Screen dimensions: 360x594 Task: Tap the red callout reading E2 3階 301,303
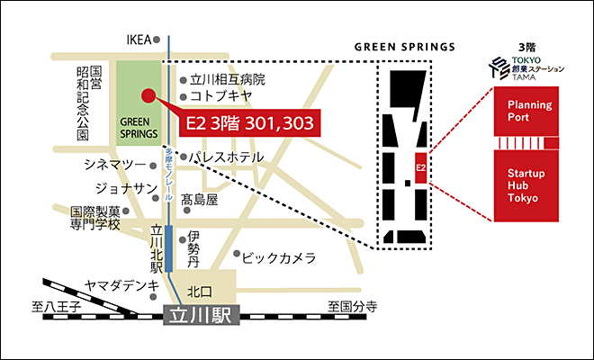coord(247,123)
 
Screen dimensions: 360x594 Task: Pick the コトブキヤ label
coord(220,96)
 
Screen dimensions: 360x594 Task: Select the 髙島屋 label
coord(199,199)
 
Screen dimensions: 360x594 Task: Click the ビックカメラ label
coord(280,258)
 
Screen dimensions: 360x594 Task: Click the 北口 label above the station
coord(200,292)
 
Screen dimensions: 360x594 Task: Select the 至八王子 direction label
coord(56,308)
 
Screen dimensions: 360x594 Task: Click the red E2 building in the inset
coord(420,167)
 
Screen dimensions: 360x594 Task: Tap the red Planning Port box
coord(528,112)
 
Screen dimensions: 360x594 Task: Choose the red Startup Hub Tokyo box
coord(528,185)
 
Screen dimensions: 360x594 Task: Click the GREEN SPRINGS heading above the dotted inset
coord(404,46)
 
